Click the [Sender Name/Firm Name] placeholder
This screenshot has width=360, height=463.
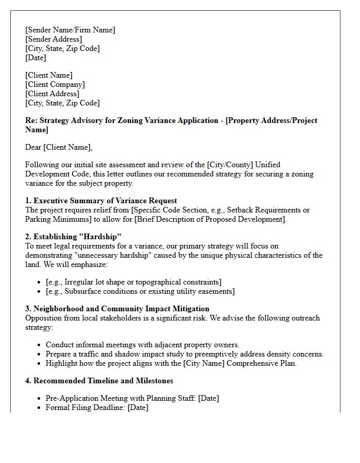click(x=70, y=30)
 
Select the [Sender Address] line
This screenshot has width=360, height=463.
click(x=53, y=39)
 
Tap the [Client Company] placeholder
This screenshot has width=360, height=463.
click(x=55, y=84)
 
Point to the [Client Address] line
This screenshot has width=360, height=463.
click(x=52, y=94)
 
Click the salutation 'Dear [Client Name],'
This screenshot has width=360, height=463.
click(x=59, y=147)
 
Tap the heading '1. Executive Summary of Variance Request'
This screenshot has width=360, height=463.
click(x=101, y=201)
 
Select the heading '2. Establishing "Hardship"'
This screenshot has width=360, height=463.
click(x=73, y=237)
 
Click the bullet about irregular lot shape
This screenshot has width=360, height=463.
click(x=133, y=282)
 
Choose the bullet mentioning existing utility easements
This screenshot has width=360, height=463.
click(x=140, y=291)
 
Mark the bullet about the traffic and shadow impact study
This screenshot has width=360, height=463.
click(x=185, y=354)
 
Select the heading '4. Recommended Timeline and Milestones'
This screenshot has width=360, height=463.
click(x=99, y=381)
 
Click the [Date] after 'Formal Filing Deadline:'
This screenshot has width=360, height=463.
click(x=138, y=407)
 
